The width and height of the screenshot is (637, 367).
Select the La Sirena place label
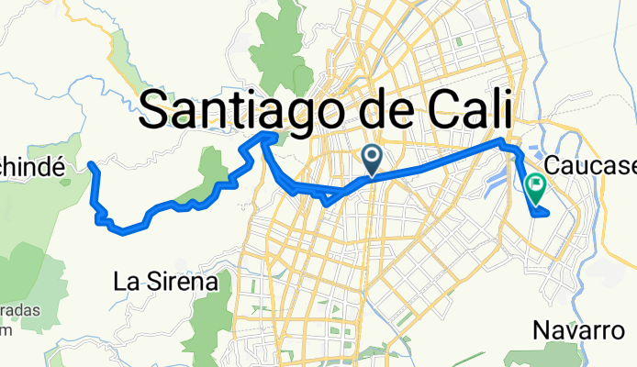point(165,282)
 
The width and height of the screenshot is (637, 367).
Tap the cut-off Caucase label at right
point(591,167)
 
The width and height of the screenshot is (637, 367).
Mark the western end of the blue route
point(90,164)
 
